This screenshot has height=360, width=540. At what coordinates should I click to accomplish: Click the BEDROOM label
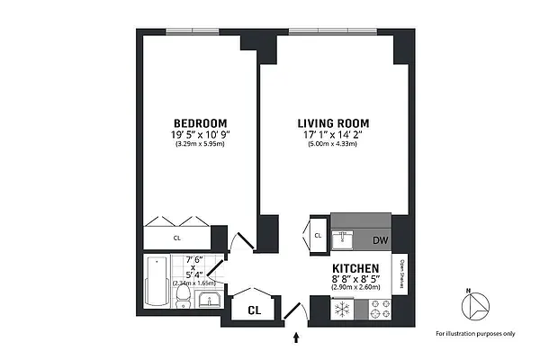[x=200, y=122]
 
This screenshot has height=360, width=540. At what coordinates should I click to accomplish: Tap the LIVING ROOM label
[x=335, y=122]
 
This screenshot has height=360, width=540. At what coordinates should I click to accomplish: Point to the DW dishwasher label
[x=380, y=240]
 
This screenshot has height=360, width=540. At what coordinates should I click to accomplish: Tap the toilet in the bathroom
[x=182, y=298]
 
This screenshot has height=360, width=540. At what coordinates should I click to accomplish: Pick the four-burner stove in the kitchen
[x=376, y=308]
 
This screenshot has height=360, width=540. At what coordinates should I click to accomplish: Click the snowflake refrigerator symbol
[x=341, y=308]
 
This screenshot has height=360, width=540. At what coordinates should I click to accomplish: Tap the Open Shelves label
[x=400, y=274]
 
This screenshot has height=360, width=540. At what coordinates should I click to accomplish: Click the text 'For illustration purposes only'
[x=475, y=334]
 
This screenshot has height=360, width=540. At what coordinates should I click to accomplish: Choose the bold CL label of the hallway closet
[x=255, y=308]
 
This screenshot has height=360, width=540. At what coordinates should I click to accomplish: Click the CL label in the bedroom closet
[x=176, y=238]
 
